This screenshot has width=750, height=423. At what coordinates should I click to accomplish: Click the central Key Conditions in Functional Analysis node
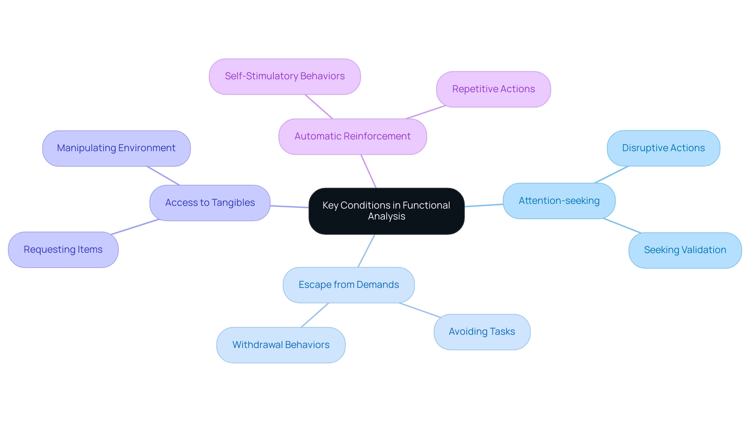(x=386, y=211)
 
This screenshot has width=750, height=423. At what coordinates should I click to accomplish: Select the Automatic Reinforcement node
(x=352, y=136)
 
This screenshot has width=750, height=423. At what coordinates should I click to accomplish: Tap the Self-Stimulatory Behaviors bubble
(x=284, y=76)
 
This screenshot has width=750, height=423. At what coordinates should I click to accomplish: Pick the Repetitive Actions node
(x=493, y=89)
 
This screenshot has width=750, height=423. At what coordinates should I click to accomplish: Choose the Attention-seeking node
(x=559, y=201)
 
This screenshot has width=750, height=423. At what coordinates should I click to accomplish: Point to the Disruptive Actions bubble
(x=663, y=148)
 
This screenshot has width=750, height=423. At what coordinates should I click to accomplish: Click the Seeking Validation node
(x=685, y=250)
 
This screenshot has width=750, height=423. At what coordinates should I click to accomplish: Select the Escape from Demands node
(x=348, y=285)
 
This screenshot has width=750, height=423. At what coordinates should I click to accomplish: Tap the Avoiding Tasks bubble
(x=482, y=332)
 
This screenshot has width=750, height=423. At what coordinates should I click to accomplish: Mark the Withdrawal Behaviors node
(x=280, y=345)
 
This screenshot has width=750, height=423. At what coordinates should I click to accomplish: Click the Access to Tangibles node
(x=210, y=203)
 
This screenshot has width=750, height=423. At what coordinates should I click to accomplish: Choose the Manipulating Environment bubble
(x=116, y=148)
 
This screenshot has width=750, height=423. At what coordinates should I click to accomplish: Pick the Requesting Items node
(x=63, y=250)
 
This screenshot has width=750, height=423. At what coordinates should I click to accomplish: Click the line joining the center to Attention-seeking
(x=484, y=205)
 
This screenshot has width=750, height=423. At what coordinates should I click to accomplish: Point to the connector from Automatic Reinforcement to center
(x=368, y=171)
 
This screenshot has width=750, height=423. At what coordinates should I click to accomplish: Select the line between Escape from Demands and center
(x=366, y=251)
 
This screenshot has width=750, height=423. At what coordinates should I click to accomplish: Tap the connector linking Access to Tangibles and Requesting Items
(x=135, y=227)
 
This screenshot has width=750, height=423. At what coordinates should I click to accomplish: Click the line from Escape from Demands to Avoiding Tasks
(x=420, y=310)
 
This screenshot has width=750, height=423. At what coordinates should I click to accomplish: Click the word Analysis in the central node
(x=386, y=216)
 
